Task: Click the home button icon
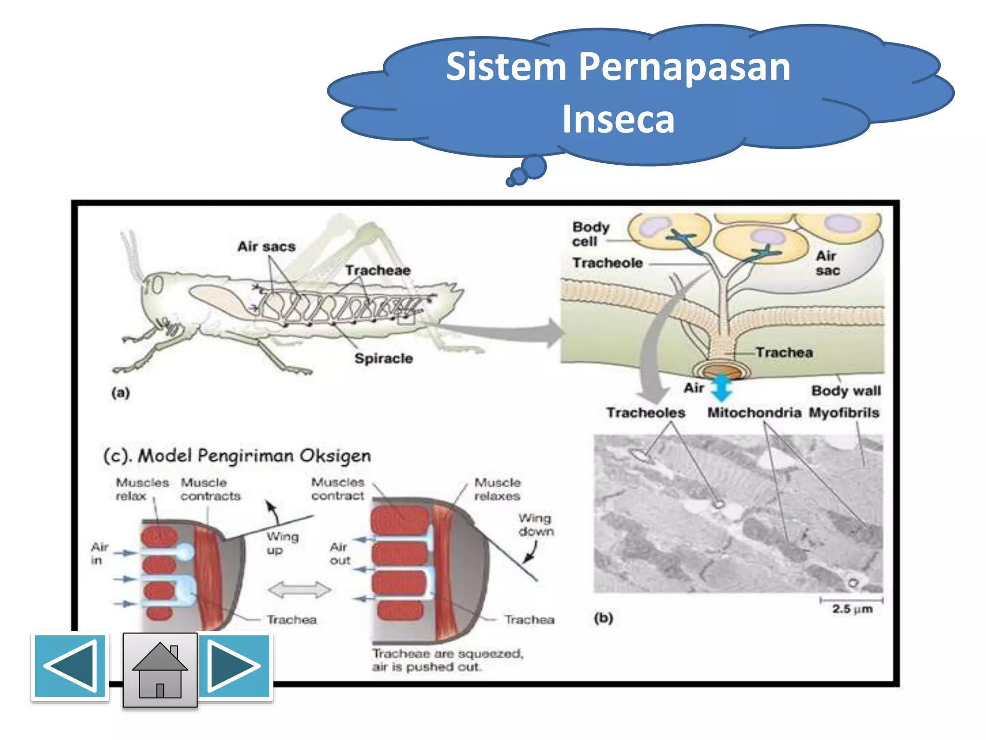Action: click(x=160, y=670)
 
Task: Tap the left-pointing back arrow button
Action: click(x=70, y=667)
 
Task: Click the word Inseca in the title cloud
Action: click(x=618, y=119)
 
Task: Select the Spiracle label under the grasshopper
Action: click(x=383, y=358)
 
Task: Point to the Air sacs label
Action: click(x=266, y=247)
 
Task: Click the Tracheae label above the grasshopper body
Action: click(x=377, y=270)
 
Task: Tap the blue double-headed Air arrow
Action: click(x=721, y=387)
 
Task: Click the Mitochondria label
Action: click(x=754, y=413)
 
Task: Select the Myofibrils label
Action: click(x=844, y=413)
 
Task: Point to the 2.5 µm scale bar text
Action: click(x=852, y=609)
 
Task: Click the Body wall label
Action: click(x=846, y=391)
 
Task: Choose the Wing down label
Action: click(x=536, y=525)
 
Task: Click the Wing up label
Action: click(x=283, y=543)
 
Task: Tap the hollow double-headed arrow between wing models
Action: click(x=299, y=590)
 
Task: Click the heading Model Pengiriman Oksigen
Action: click(x=237, y=456)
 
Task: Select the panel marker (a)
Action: click(x=121, y=393)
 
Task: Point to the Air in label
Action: click(x=100, y=554)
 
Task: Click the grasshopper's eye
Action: click(x=156, y=285)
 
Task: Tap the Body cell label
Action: click(x=590, y=234)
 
